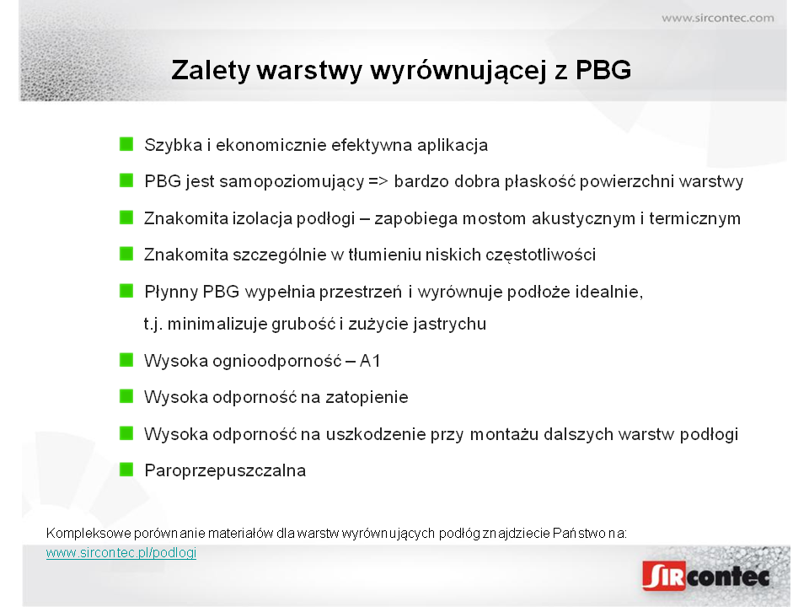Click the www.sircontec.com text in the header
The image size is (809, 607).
[718, 18]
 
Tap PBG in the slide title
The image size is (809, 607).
[603, 70]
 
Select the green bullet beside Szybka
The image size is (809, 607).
[126, 144]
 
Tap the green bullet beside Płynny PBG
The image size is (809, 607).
[126, 291]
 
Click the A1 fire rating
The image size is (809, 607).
[370, 361]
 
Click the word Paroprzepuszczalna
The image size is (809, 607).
[225, 471]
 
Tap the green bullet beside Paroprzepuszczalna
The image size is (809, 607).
[126, 470]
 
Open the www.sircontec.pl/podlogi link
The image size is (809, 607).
[121, 553]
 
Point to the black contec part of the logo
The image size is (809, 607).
[728, 577]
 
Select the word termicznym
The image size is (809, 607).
[694, 219]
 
